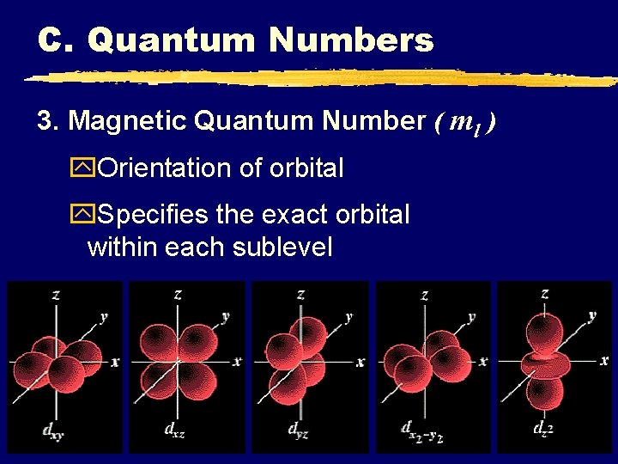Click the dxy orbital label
click(x=28, y=430)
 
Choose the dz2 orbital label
click(x=542, y=429)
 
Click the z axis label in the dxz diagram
click(x=178, y=294)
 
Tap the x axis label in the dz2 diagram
click(x=604, y=361)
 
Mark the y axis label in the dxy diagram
click(x=104, y=316)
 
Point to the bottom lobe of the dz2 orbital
click(x=544, y=391)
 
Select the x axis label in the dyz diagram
click(x=360, y=362)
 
